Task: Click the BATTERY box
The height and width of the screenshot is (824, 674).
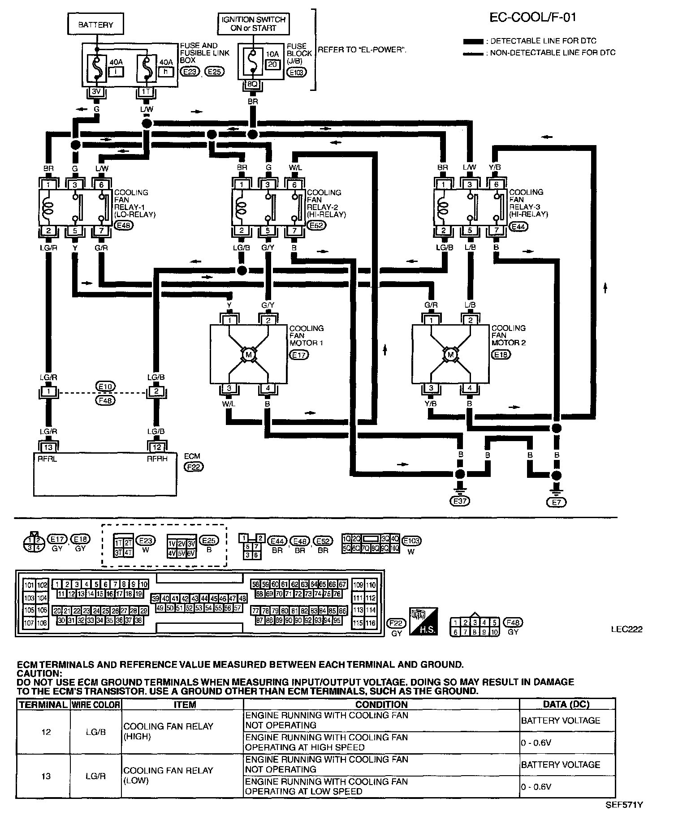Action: click(x=95, y=25)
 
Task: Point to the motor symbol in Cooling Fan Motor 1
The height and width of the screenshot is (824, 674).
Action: click(x=249, y=355)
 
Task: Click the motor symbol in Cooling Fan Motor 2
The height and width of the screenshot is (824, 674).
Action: click(x=450, y=355)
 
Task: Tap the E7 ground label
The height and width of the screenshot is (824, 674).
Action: click(x=557, y=502)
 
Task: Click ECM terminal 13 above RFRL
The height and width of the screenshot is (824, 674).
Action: click(x=48, y=447)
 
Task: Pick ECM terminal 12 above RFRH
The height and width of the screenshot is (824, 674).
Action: click(x=156, y=447)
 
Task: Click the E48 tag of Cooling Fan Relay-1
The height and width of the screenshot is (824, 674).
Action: click(x=123, y=226)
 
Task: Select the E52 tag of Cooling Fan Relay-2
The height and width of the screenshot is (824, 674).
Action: click(x=317, y=226)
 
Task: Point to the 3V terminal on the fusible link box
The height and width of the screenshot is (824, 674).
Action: click(x=96, y=92)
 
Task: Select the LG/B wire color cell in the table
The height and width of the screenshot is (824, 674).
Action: click(x=95, y=732)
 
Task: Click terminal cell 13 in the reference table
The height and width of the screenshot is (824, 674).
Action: click(x=46, y=776)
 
